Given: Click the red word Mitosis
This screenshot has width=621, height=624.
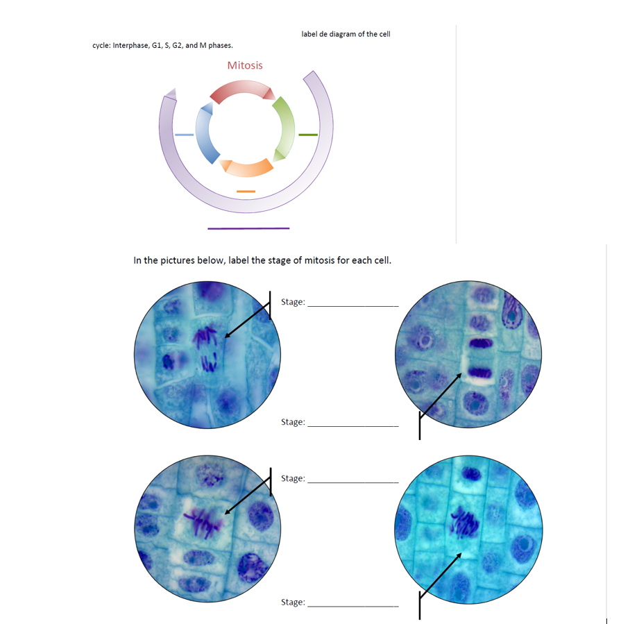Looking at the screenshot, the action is [x=244, y=65].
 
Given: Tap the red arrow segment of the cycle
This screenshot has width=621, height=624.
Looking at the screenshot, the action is [x=241, y=90].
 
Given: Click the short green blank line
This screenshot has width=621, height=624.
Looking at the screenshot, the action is [x=308, y=134].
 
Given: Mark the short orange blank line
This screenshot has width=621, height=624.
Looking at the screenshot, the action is [x=246, y=191].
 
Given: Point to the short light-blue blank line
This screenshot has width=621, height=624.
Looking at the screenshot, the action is [x=184, y=134].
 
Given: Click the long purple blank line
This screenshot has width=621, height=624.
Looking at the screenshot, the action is [x=248, y=228].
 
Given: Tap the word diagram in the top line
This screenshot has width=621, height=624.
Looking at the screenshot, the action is [x=344, y=34].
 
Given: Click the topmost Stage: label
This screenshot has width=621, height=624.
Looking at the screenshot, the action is [x=293, y=302].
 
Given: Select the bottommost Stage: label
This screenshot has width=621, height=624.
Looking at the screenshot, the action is [x=293, y=602].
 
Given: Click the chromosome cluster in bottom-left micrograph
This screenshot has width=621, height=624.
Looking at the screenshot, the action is [x=203, y=522].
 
